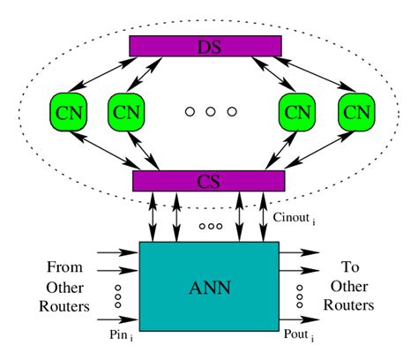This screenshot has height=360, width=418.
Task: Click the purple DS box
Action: (x=205, y=44)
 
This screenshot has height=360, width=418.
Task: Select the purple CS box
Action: (x=208, y=181)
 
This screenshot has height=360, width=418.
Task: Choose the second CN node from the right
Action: (x=296, y=112)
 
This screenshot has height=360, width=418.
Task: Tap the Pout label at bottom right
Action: (x=297, y=336)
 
